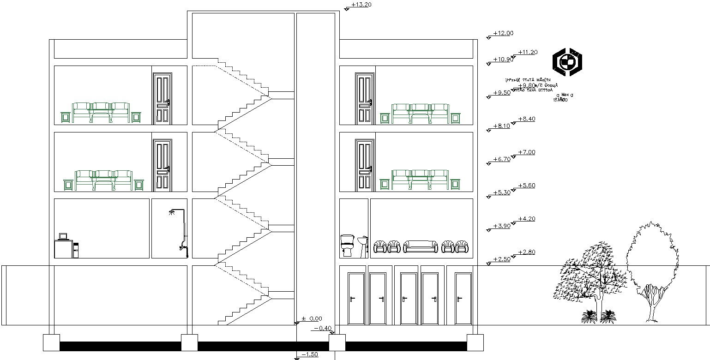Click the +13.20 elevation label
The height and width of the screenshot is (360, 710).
pos(361,5)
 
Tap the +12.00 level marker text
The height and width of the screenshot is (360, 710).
pos(503,33)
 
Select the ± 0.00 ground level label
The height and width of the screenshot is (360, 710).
pos(312,318)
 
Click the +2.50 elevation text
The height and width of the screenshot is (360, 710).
pos(501,259)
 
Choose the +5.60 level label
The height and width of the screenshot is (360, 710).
pos(526,186)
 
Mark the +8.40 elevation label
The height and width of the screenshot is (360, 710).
pos(526,119)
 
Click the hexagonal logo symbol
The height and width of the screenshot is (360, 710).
pos(567,61)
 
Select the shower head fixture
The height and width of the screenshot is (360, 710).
pos(173,212)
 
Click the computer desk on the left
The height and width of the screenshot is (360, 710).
pos(66,247)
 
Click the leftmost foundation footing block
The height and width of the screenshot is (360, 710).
pos(51,342)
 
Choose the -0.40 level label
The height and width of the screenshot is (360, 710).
pos(323,328)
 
